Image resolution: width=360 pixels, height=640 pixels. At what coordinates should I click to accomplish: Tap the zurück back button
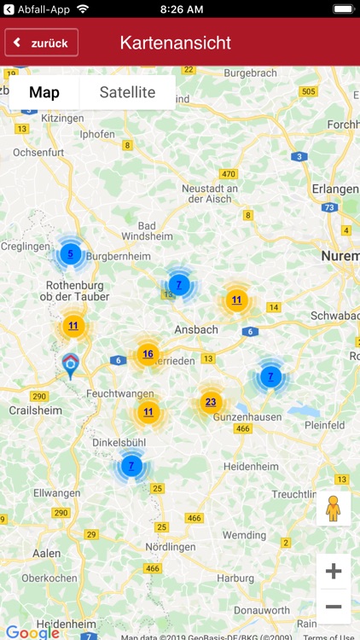point(42,43)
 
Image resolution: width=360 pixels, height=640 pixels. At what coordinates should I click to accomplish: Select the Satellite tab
point(127,93)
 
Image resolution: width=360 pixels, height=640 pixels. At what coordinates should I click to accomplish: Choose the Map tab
point(44,93)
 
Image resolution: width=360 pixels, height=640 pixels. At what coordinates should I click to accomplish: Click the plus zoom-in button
point(334,571)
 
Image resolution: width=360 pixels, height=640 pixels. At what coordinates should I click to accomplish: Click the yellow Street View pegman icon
point(334,509)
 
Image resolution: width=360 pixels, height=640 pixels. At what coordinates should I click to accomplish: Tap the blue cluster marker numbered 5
point(71,253)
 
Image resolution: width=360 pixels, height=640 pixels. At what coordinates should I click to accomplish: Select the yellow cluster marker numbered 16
point(148,354)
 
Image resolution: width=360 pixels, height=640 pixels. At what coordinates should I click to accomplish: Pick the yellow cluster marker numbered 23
point(211,402)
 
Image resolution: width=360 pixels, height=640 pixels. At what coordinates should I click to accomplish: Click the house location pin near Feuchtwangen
point(70,365)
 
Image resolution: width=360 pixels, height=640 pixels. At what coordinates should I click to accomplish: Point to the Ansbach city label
point(195,329)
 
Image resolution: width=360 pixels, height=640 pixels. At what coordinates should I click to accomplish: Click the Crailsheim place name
point(31,410)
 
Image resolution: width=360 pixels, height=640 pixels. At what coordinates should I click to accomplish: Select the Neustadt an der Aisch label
point(209,194)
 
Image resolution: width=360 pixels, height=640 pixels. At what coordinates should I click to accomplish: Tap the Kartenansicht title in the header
point(175,43)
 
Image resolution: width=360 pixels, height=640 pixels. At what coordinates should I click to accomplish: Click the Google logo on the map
point(32,632)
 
